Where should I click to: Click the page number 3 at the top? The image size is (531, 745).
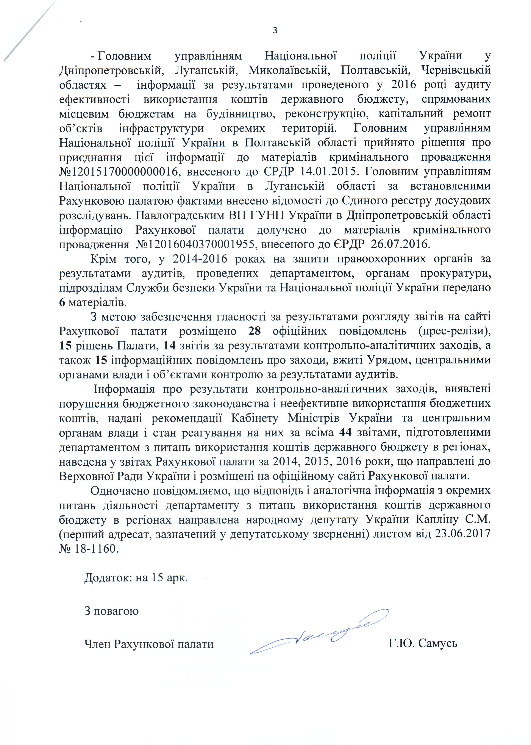coord(275,30)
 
